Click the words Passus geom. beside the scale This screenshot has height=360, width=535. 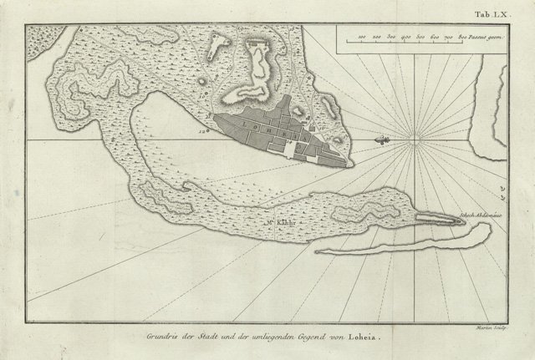pyautogui.click(x=486, y=38)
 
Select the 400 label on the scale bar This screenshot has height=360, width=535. pyautogui.click(x=405, y=38)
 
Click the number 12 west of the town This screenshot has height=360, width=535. pyautogui.click(x=203, y=131)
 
